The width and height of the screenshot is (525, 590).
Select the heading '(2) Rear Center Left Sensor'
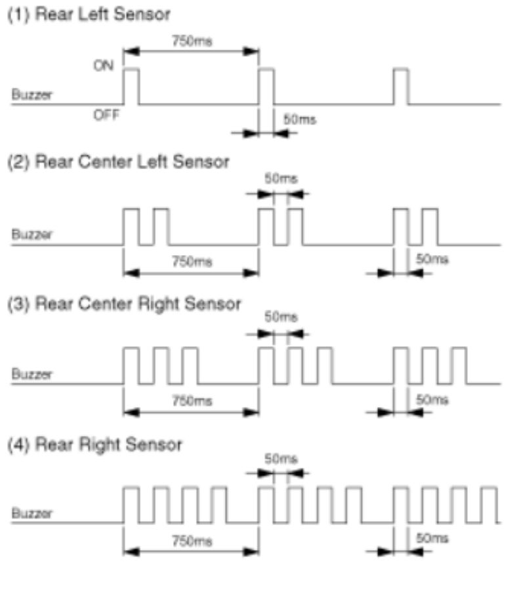pos(118,162)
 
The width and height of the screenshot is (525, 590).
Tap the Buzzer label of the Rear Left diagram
pos(31,96)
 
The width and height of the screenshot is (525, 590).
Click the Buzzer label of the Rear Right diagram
pos(31,513)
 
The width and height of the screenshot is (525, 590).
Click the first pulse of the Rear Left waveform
pos(131,85)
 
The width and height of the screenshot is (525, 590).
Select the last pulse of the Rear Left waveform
pos(400,85)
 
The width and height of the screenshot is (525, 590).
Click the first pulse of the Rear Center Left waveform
pos(131,226)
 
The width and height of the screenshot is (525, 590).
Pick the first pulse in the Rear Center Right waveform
pos(131,366)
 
